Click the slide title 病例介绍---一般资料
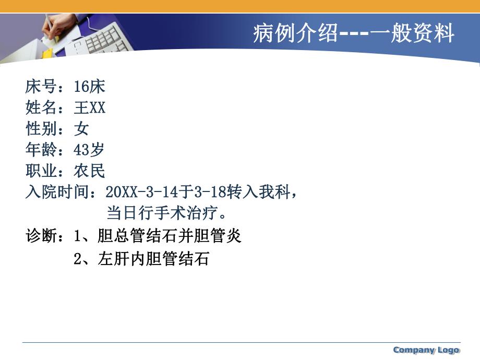coord(354,34)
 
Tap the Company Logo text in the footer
coord(426,350)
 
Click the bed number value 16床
coord(90,87)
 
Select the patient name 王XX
coord(90,108)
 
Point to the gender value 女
coord(81,129)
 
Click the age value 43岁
coord(89,150)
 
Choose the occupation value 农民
coord(90,171)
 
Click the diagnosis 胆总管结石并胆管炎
coord(170,236)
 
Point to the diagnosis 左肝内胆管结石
coord(153,259)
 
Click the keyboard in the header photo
coord(107,39)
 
